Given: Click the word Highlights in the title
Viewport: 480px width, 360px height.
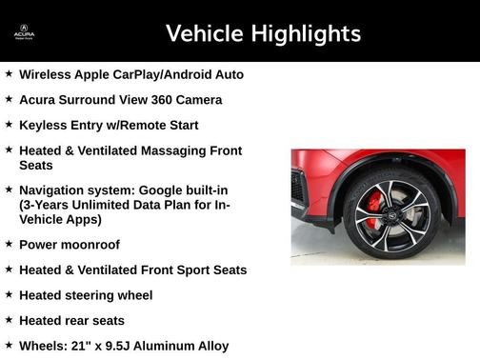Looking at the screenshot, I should [x=303, y=34].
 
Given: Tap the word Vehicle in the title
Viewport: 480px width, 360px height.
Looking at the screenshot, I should [x=204, y=34].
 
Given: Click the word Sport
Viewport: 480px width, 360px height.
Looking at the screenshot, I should [x=190, y=270].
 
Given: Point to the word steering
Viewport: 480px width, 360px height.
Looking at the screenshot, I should [x=96, y=295].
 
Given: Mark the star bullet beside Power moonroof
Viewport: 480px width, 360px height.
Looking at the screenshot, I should [x=9, y=244].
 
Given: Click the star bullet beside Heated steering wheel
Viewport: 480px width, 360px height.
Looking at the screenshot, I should [x=9, y=295].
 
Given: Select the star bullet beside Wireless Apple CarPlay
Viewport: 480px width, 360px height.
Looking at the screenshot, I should [x=9, y=73].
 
